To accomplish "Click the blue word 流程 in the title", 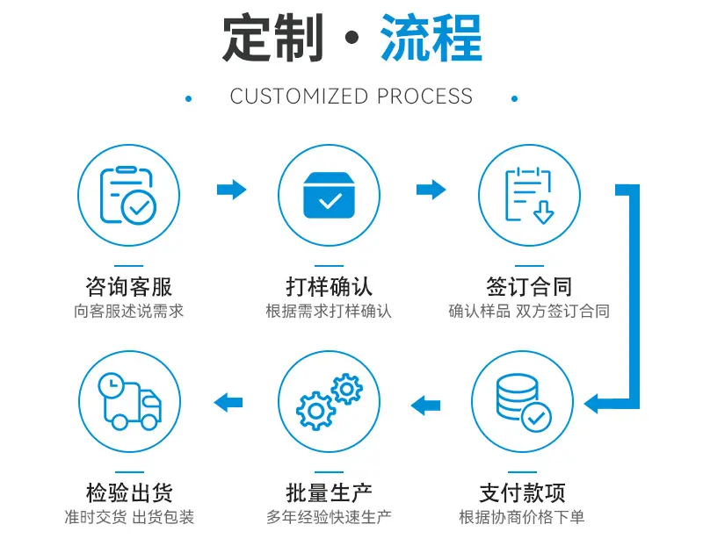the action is click(x=431, y=38).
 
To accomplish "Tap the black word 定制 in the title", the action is click(x=273, y=38).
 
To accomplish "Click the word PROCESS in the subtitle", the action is click(x=424, y=97).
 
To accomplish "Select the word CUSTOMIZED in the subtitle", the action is click(x=299, y=97).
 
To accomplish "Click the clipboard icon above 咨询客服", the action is click(x=127, y=195).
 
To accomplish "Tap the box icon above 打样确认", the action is click(x=329, y=195).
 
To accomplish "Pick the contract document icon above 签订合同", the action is click(x=530, y=195).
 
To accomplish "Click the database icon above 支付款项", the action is click(x=523, y=402).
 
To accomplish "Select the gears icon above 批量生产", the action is click(x=329, y=402).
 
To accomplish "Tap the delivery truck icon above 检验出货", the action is click(x=129, y=401).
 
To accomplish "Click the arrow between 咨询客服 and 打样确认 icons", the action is click(x=232, y=190).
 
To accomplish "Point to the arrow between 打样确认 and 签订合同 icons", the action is click(x=431, y=190).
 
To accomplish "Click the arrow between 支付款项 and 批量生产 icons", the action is click(x=425, y=406).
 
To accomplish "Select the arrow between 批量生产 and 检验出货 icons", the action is click(x=228, y=402).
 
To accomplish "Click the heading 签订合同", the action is click(x=530, y=286).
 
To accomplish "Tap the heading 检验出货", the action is click(x=129, y=492).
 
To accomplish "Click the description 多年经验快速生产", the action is click(x=329, y=517).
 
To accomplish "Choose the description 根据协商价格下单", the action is click(x=522, y=517).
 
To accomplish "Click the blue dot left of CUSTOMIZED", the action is click(x=189, y=98).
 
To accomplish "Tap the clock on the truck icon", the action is click(x=112, y=384).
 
